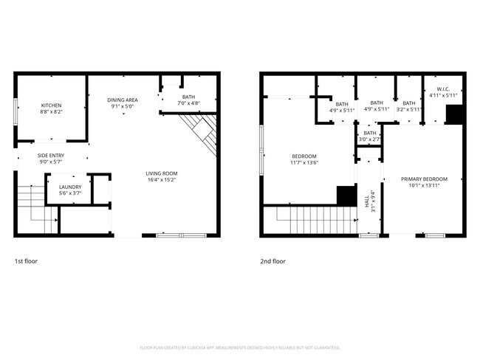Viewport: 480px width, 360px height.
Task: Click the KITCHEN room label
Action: click(x=51, y=105)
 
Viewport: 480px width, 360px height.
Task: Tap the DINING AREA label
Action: click(x=123, y=100)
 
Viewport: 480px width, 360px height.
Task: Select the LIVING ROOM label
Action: click(x=161, y=173)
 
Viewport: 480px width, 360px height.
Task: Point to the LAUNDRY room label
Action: click(x=70, y=187)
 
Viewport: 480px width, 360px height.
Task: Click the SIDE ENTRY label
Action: click(x=51, y=155)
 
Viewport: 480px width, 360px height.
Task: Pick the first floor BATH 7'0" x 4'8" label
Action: click(x=190, y=97)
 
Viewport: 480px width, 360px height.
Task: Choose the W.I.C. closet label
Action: click(x=443, y=90)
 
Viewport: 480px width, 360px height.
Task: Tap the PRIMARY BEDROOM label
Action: click(x=424, y=179)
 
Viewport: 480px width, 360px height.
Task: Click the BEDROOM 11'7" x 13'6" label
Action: click(x=304, y=156)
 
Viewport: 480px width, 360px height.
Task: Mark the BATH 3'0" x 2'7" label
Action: click(x=369, y=133)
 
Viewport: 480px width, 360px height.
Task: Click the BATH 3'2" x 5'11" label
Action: click(x=408, y=103)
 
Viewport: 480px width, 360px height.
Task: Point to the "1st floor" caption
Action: click(x=26, y=261)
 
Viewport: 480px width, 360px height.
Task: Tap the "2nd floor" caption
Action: click(x=272, y=261)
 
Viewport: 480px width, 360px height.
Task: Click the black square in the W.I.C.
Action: click(x=454, y=115)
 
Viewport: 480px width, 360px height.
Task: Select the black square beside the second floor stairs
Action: click(x=346, y=195)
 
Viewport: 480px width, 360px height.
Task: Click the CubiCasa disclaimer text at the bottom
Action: click(x=239, y=347)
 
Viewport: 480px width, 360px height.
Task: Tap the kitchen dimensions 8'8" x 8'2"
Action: click(x=51, y=112)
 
